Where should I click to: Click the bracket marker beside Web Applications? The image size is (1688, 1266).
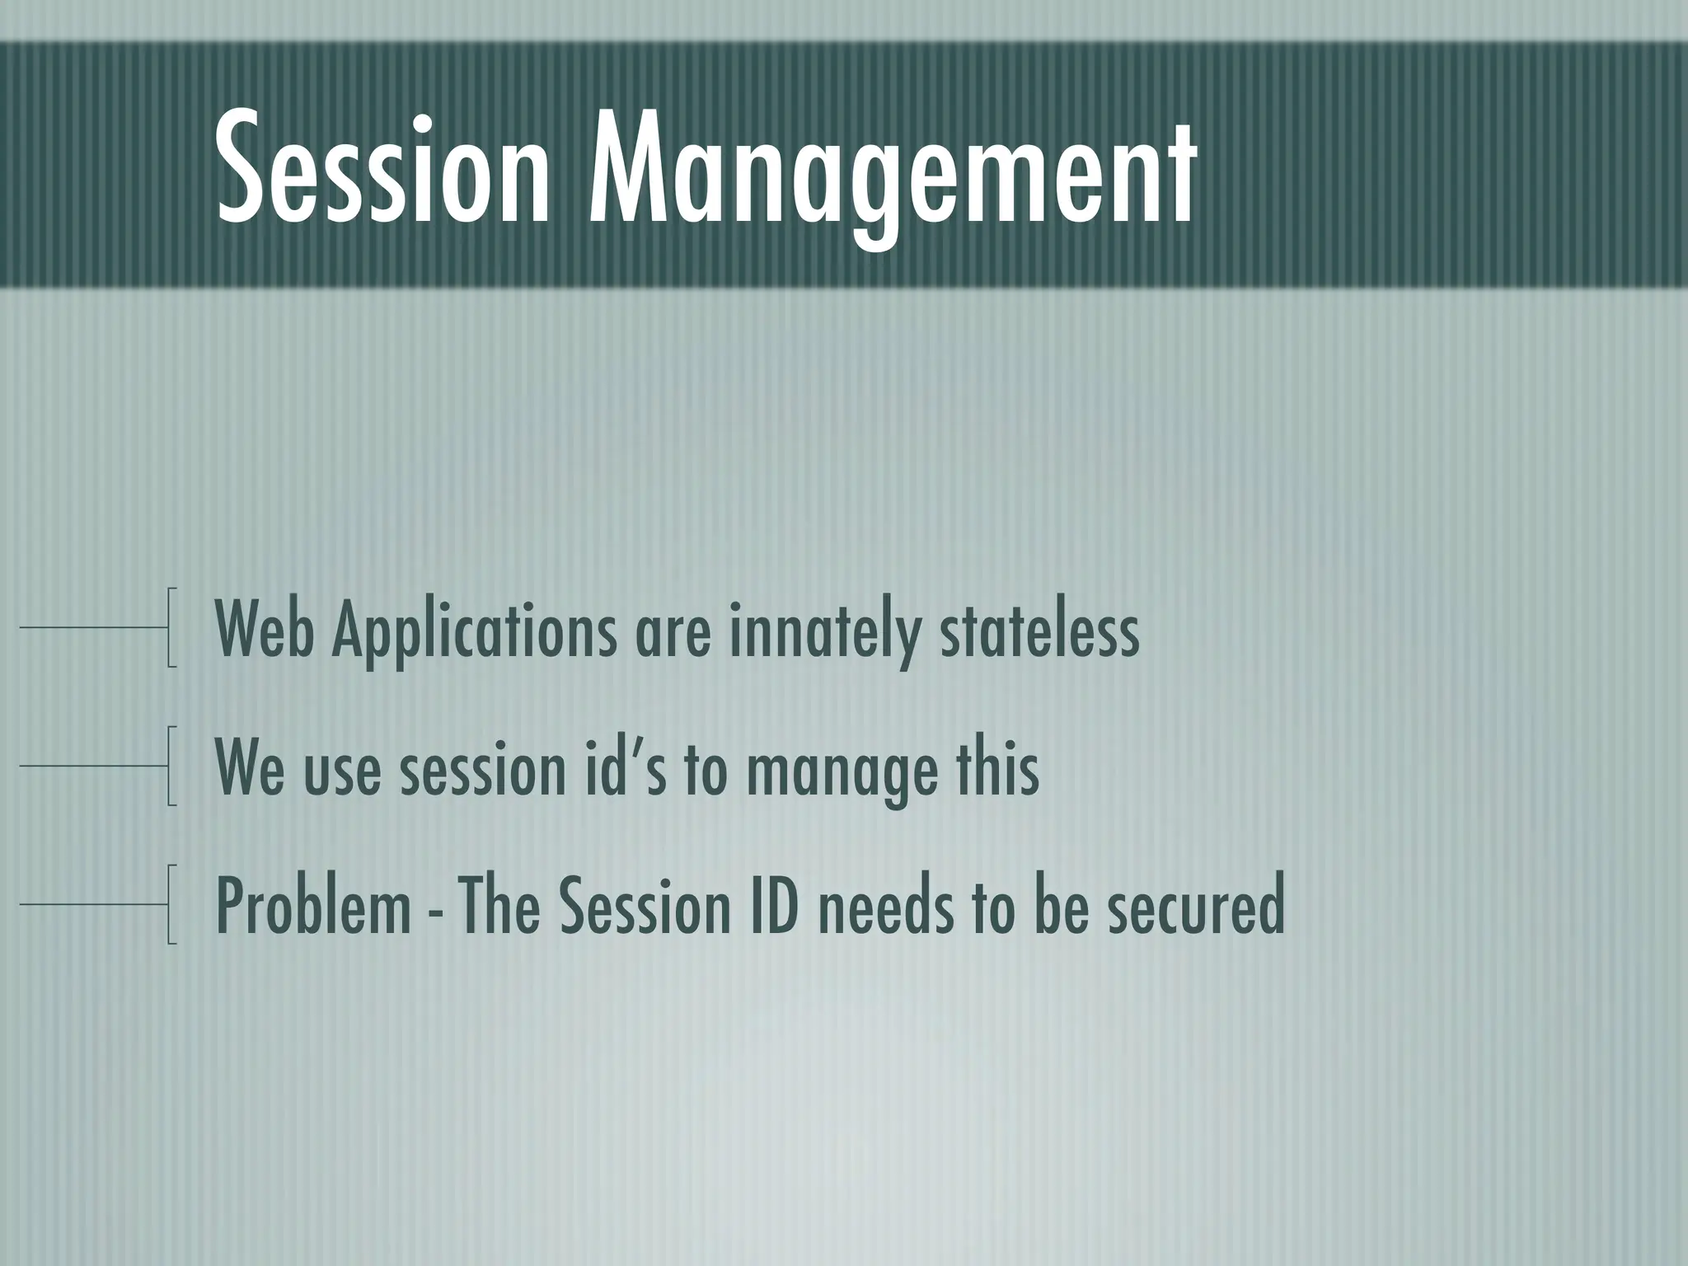[x=171, y=626]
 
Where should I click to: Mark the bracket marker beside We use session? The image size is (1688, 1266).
[x=171, y=765]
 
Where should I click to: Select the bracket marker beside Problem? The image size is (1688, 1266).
[x=171, y=903]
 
